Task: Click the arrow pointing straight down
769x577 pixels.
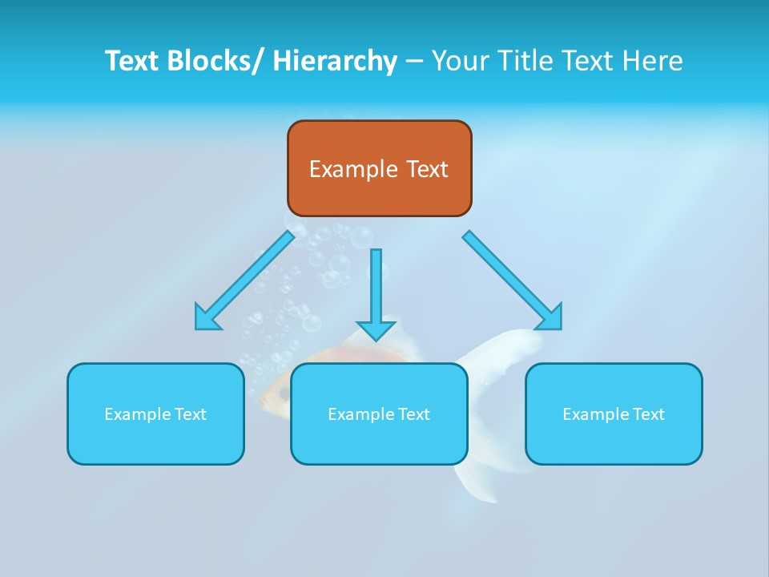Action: (376, 288)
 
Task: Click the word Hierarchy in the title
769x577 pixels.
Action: (335, 61)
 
